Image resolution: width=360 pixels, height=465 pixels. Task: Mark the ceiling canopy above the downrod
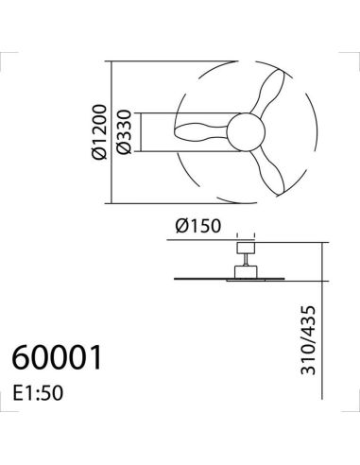(x=245, y=242)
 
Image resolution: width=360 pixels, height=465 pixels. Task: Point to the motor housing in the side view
(x=245, y=271)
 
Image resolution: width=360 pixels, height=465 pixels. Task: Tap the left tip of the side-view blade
(x=177, y=278)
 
